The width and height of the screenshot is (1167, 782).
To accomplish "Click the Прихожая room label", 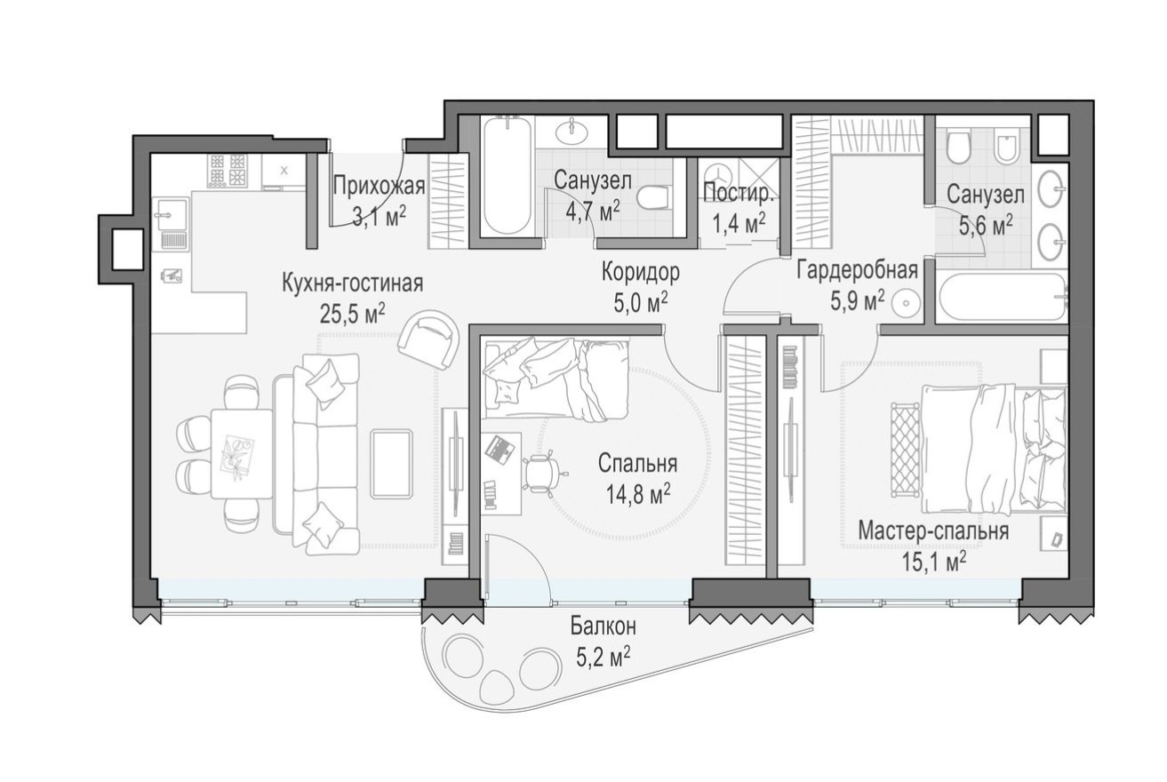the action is coord(379,187).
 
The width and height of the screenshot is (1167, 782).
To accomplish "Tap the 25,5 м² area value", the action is coord(352,312).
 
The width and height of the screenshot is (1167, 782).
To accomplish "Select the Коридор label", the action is coord(640,271).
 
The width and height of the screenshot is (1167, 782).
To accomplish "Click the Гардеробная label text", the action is coord(856,271).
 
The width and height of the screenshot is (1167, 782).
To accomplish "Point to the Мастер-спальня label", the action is coord(932,531).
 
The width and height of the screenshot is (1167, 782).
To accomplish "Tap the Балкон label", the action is coord(603,627).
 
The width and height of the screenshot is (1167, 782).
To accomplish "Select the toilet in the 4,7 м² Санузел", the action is coord(655,195).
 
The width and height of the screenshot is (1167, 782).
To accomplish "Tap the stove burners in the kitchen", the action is coord(227,170).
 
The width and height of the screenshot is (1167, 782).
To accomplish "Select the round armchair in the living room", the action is coord(429,339).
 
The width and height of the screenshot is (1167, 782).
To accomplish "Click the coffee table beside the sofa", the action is coord(391,463).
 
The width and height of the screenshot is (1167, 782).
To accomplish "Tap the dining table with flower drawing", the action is coord(241,453).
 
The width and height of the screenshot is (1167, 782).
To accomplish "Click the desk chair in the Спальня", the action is coord(541,472).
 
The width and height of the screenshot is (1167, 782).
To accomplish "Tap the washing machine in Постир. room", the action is coord(715,174).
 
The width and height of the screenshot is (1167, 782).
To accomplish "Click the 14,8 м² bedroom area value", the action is coord(637,493).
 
